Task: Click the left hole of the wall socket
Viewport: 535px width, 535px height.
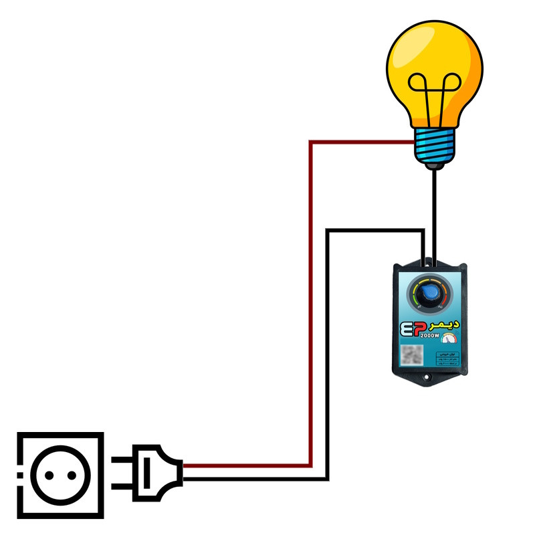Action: [x=49, y=475]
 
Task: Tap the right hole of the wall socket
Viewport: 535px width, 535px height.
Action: [x=71, y=475]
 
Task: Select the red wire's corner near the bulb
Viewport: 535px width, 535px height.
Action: [x=312, y=142]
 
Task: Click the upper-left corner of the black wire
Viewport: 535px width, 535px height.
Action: [x=328, y=231]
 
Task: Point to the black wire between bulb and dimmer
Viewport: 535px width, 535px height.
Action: [x=435, y=214]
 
